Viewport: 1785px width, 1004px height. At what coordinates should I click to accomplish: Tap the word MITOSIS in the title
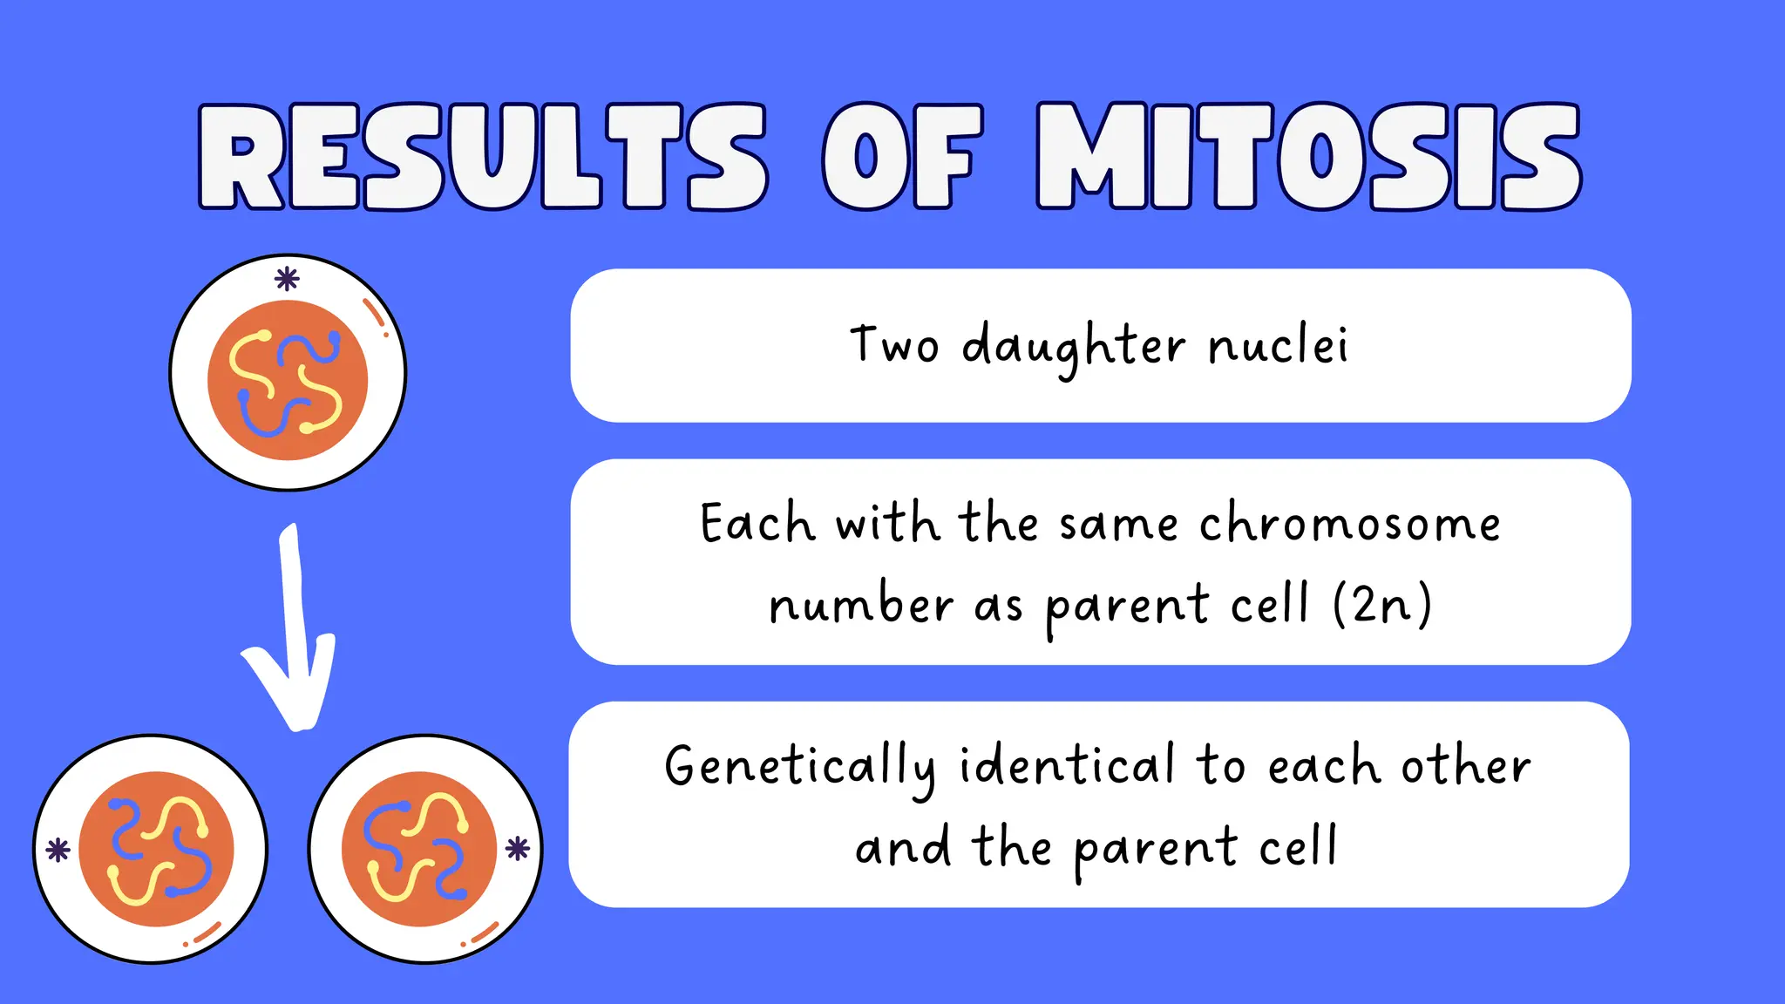coord(1307,157)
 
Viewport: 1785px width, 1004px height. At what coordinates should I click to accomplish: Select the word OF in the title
coord(902,157)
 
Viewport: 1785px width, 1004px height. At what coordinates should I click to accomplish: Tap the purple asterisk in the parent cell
coord(287,279)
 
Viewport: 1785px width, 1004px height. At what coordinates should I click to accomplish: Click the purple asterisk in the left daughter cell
coord(58,850)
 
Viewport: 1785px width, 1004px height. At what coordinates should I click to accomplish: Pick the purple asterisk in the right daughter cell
coord(518,848)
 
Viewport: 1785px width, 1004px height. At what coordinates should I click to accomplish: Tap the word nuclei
coord(1279,345)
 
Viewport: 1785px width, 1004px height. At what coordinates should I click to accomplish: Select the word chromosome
coord(1349,524)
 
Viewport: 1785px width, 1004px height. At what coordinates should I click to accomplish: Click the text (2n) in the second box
coord(1382,604)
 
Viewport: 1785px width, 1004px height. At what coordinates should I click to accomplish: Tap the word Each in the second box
coord(757,524)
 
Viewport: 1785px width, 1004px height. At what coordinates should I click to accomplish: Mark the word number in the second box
coord(860,604)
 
